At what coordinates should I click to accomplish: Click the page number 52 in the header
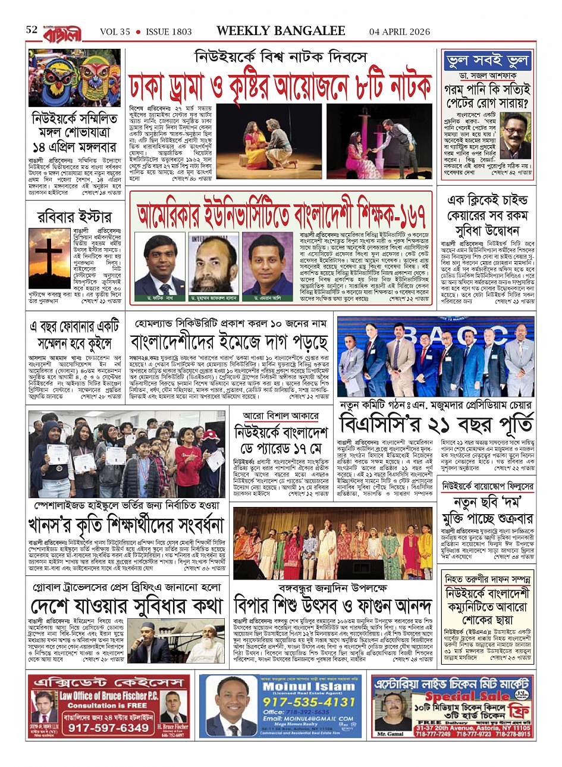tap(32, 30)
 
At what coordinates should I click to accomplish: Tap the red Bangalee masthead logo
tap(62, 32)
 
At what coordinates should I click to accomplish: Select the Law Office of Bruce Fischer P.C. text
tap(116, 696)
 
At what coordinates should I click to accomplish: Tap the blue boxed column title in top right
tap(487, 61)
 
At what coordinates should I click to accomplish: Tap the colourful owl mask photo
tap(74, 78)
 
